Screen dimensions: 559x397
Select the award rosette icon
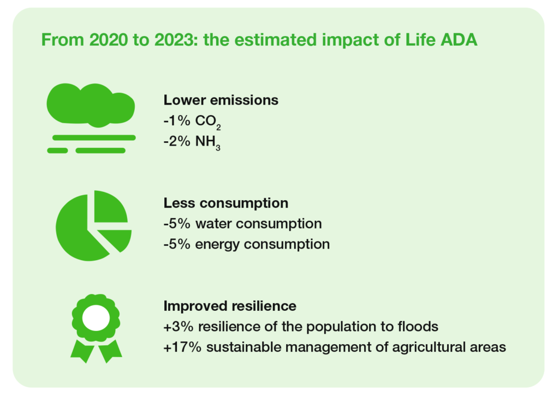pos(96,328)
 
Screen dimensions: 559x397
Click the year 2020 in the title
pos(109,39)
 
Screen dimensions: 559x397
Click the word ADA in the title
pos(459,39)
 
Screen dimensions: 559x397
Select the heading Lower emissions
pos(221,100)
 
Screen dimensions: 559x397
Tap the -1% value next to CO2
pos(177,121)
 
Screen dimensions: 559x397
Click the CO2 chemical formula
pos(208,122)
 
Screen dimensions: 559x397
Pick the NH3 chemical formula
pos(208,142)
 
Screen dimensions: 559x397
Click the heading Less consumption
pos(225,203)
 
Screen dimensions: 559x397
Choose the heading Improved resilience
pos(230,306)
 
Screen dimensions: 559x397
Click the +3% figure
pos(179,327)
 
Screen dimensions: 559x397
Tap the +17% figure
pos(182,347)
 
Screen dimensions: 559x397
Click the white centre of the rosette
pos(96,318)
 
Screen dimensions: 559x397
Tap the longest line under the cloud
pos(94,138)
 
